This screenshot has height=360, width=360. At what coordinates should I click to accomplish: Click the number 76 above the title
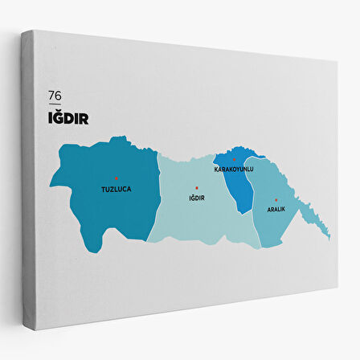[x=55, y=96]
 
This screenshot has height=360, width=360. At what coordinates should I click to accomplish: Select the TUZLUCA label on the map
[x=116, y=190]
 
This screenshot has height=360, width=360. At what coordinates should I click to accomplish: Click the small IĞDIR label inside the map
[x=197, y=198]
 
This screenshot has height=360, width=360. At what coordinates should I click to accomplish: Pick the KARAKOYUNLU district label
[x=233, y=170]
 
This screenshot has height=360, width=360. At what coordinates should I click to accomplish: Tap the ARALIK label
[x=276, y=209]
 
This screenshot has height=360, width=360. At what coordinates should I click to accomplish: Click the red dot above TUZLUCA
[x=117, y=178]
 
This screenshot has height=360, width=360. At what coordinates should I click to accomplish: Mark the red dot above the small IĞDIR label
[x=197, y=188]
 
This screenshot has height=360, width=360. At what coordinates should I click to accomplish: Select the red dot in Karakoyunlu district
[x=234, y=160]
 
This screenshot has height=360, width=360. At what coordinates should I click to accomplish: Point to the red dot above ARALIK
[x=276, y=199]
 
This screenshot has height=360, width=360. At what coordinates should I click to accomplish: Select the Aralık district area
[x=277, y=225]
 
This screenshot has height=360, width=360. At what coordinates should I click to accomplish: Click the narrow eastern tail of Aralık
[x=320, y=225]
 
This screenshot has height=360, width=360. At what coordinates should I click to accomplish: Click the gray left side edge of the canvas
[x=29, y=185]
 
